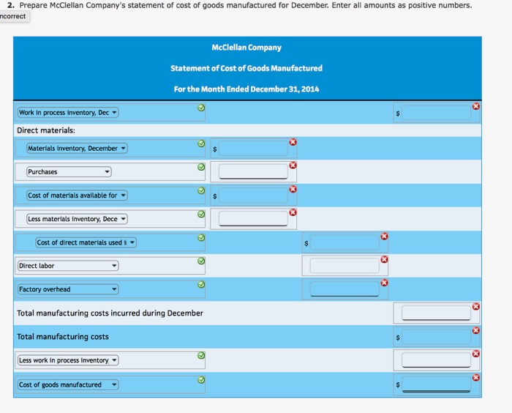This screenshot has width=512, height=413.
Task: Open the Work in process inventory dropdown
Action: [68, 113]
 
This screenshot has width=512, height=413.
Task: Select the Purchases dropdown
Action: [69, 172]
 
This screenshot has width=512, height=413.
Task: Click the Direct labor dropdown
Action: [68, 266]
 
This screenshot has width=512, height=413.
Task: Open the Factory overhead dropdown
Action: [68, 289]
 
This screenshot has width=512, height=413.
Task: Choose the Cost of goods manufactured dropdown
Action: [68, 384]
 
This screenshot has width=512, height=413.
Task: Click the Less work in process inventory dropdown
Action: [68, 360]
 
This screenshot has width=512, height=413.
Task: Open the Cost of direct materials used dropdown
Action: [86, 242]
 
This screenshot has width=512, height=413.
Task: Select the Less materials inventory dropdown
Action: [77, 219]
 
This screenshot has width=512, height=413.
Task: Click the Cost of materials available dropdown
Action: [77, 196]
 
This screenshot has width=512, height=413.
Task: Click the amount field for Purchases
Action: [253, 172]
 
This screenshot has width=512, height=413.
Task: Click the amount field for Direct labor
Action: [345, 266]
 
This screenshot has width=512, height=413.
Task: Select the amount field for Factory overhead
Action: [345, 289]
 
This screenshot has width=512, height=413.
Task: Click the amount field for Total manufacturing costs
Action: [436, 337]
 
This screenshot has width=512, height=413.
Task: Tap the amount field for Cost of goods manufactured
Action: [436, 384]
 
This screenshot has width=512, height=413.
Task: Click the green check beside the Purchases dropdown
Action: [201, 167]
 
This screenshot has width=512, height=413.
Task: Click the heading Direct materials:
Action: [46, 130]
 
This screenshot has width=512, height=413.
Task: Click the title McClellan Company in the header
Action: [246, 48]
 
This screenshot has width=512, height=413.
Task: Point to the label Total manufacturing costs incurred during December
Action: [110, 313]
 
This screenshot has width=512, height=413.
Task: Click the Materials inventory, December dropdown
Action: [77, 149]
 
